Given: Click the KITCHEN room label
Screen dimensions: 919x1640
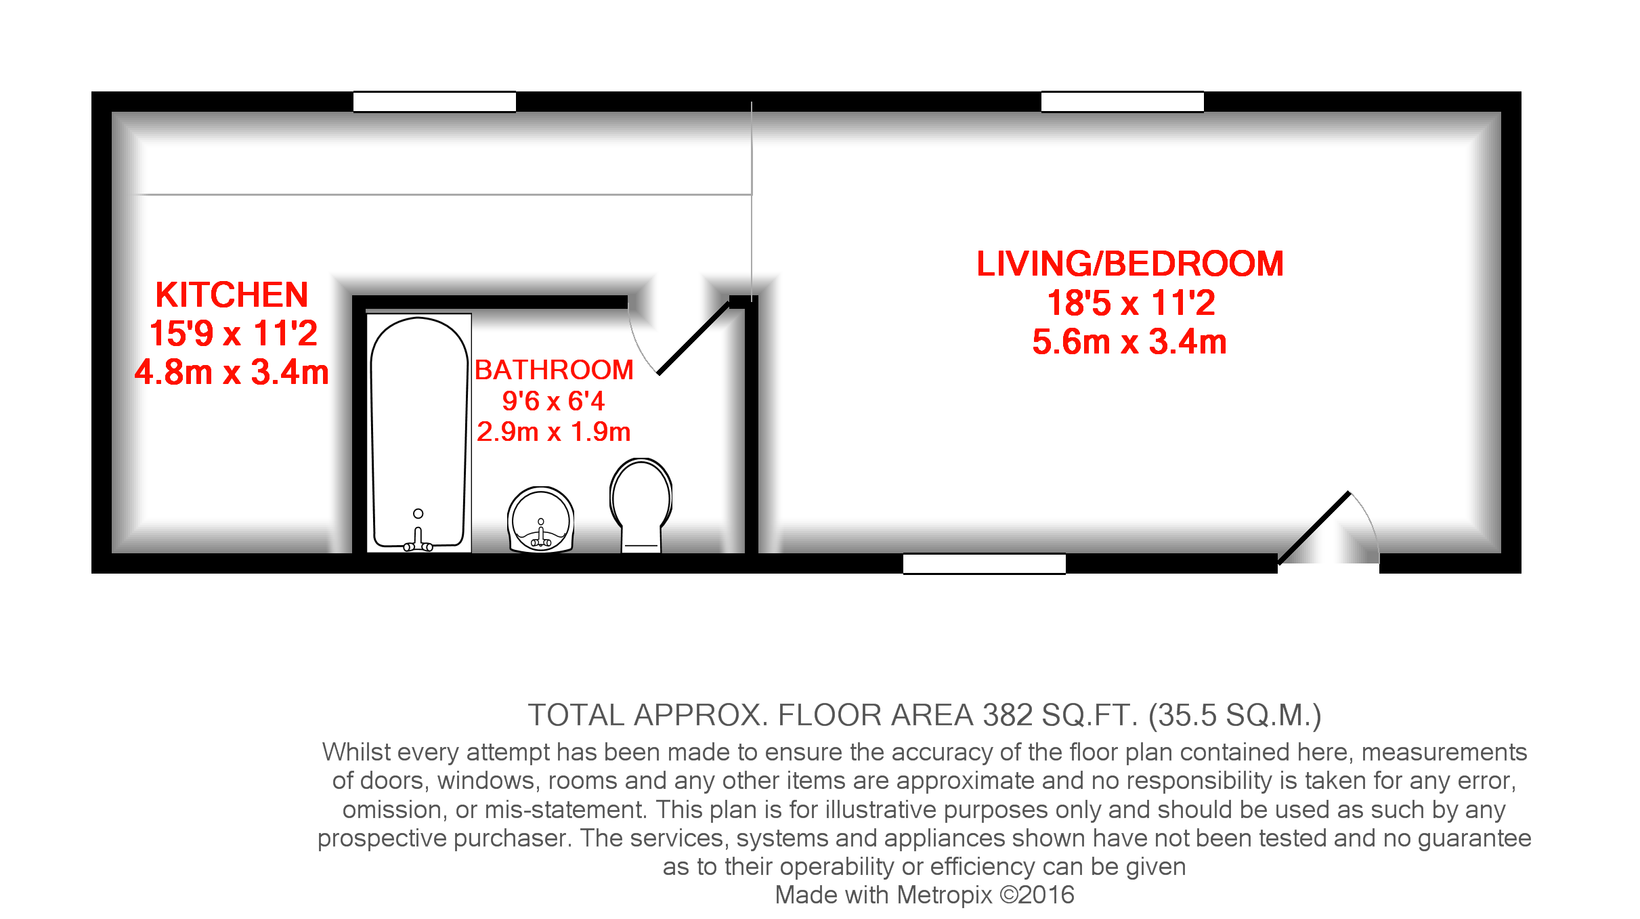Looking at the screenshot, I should tap(232, 295).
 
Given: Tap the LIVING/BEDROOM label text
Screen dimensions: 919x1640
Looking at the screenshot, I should tap(1129, 264).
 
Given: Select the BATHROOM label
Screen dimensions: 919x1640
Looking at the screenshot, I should tap(554, 370).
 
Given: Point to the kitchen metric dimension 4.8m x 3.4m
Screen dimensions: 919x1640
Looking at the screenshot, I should tap(232, 372).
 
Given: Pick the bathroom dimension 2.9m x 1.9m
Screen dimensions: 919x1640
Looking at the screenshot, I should tap(553, 432).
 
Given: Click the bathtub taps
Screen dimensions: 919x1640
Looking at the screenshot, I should tap(418, 542).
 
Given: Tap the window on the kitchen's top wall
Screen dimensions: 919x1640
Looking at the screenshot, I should tap(434, 102).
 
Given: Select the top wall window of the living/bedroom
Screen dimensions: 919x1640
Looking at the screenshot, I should tap(1122, 102).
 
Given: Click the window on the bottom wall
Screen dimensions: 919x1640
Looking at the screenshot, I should tap(984, 563).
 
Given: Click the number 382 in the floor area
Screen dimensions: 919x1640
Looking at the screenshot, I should tap(1008, 715).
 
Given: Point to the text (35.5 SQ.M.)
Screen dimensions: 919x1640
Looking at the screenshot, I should tap(1234, 715).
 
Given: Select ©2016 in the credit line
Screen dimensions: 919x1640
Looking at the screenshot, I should tap(1037, 895).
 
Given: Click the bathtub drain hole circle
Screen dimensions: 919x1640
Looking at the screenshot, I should tap(418, 513).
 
